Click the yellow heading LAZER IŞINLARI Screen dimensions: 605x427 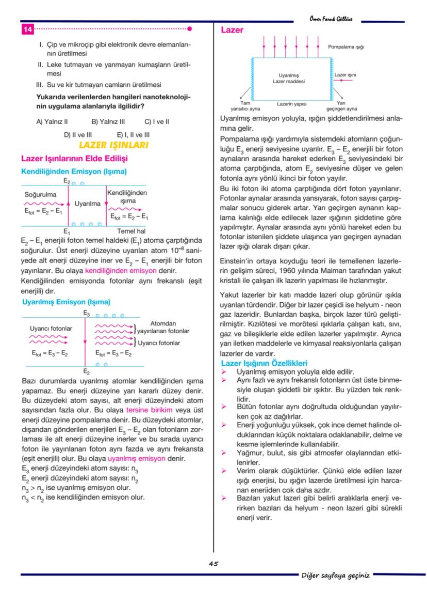pyautogui.click(x=113, y=145)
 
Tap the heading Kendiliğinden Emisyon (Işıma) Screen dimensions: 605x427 pyautogui.click(x=74, y=171)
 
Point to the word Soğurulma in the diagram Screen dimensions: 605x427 pyautogui.click(x=40, y=195)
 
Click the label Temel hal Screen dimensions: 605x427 pyautogui.click(x=131, y=231)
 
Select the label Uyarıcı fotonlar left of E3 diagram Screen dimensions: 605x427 pyautogui.click(x=51, y=328)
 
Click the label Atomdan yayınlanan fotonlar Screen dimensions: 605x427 pyautogui.click(x=163, y=327)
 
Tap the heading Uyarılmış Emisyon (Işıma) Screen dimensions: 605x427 pyautogui.click(x=66, y=302)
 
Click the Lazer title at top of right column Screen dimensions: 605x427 pyautogui.click(x=232, y=30)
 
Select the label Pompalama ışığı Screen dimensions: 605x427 pyautogui.click(x=346, y=47)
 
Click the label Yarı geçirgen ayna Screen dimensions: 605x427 pyautogui.click(x=341, y=106)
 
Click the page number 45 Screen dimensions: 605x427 pyautogui.click(x=213, y=564)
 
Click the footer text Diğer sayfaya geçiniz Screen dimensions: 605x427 pyautogui.click(x=335, y=575)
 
